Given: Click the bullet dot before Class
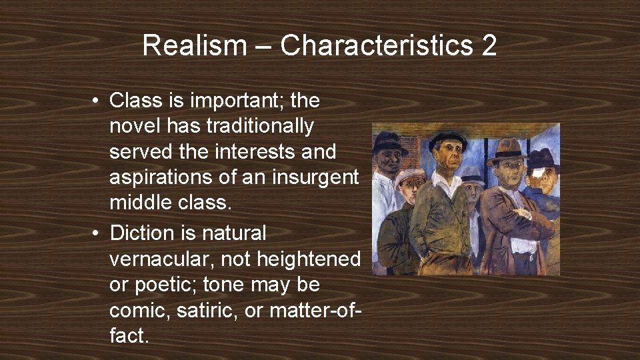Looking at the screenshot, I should click(x=97, y=101).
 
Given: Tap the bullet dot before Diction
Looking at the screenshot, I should click(x=97, y=234).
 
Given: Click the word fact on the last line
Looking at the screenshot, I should click(x=127, y=335).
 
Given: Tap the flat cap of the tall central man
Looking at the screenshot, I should click(x=447, y=138).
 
